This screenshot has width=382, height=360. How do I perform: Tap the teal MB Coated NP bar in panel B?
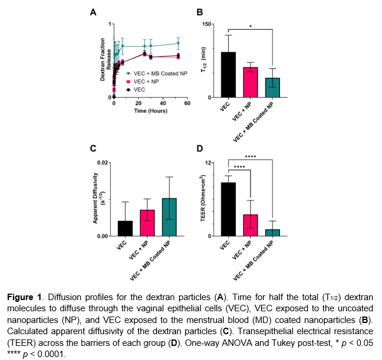[x=273, y=88]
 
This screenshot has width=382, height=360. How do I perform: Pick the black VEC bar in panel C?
[x=125, y=228]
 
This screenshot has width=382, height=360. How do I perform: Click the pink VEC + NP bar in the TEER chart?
[x=251, y=225]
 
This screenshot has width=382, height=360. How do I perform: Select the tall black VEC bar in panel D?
[x=228, y=209]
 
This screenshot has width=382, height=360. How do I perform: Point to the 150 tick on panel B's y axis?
[x=207, y=24]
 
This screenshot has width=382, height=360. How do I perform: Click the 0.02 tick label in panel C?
[x=102, y=162]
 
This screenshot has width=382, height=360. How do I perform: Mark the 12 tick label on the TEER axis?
[x=208, y=162]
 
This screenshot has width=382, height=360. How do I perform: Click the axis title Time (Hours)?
[x=150, y=110]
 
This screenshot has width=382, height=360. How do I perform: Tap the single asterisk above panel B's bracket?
[x=251, y=26]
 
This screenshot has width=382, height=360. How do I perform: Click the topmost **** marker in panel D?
[x=250, y=156]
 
